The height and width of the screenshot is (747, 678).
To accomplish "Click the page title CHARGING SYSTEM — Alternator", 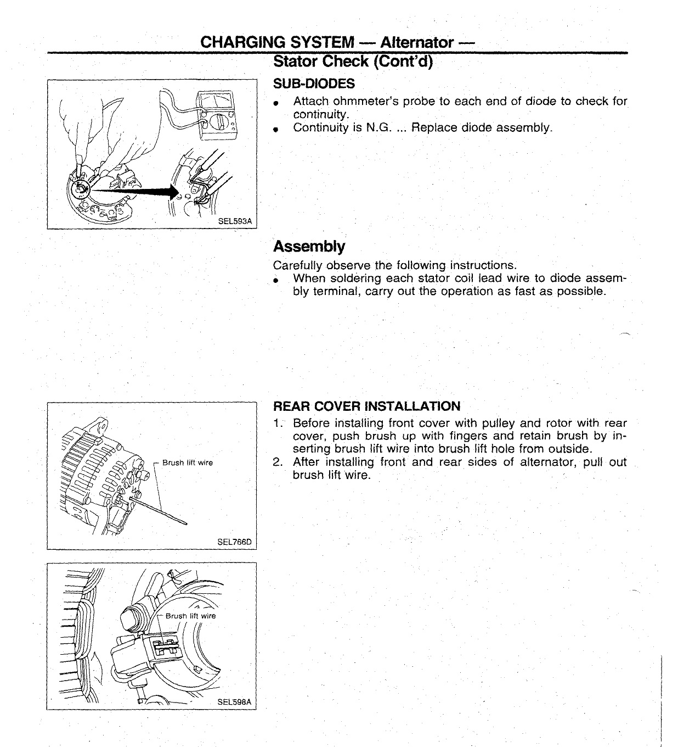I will (337, 42).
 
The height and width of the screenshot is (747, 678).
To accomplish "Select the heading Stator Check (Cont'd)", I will (353, 62).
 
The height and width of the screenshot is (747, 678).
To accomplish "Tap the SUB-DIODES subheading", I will (314, 83).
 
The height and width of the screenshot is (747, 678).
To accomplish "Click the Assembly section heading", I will (309, 246).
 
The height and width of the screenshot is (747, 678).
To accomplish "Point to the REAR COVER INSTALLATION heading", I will (366, 406).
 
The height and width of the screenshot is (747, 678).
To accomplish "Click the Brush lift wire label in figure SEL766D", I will (188, 462).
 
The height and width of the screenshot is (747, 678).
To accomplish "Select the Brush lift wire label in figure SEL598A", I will (191, 616).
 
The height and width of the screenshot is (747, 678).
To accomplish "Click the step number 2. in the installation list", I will (278, 462).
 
